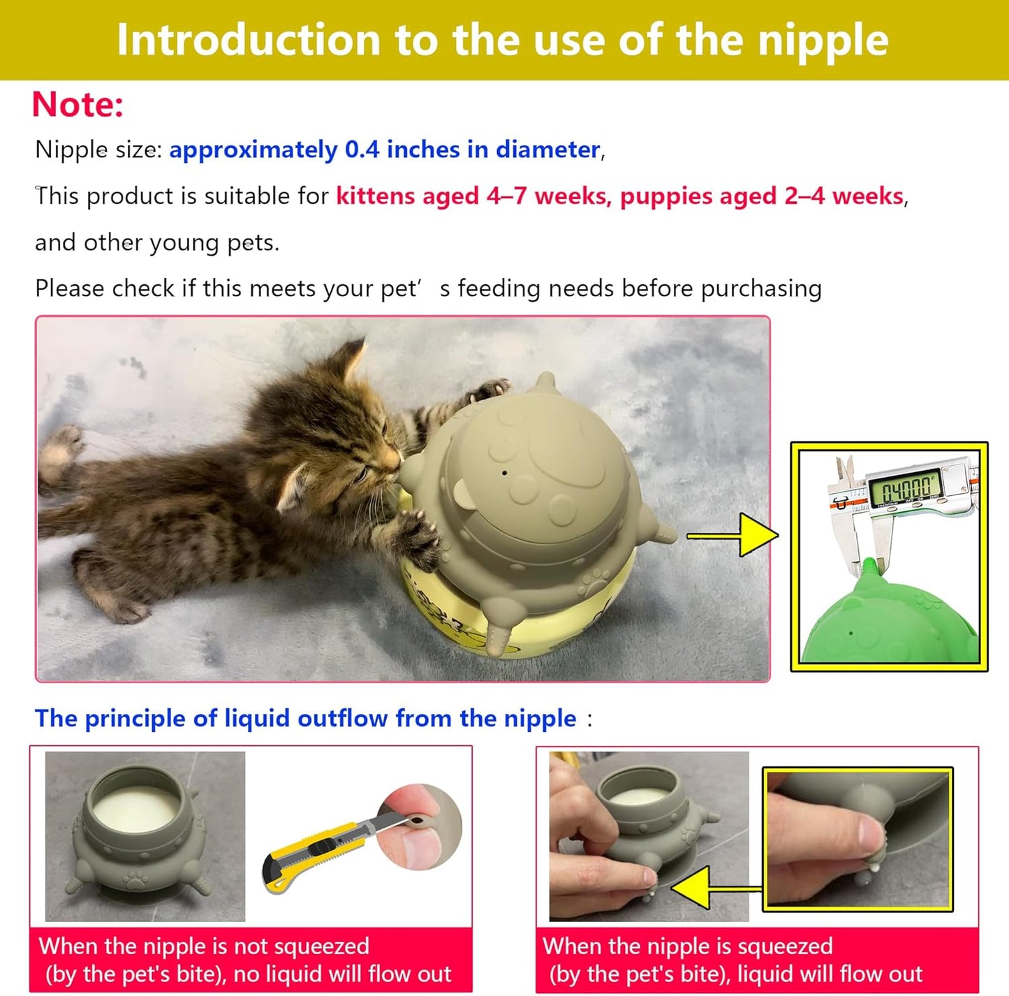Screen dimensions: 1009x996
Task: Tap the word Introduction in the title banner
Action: tap(248, 41)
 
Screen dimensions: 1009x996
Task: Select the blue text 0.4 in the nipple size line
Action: tap(362, 150)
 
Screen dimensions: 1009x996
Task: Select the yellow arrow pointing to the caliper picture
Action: tap(732, 535)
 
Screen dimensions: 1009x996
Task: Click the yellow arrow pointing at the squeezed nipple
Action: tap(716, 887)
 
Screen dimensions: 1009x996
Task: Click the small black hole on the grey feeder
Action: tap(504, 473)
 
